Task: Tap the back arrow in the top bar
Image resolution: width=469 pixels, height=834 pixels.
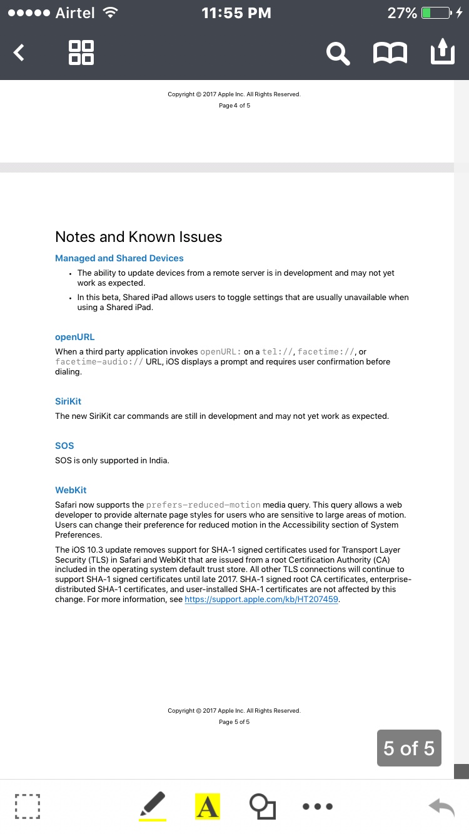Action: tap(19, 53)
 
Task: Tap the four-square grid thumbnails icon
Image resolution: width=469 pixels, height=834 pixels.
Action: tap(81, 53)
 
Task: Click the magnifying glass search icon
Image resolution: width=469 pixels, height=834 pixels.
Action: tap(338, 53)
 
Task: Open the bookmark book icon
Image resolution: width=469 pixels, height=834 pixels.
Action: tap(390, 53)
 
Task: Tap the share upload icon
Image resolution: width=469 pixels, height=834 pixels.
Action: tap(442, 52)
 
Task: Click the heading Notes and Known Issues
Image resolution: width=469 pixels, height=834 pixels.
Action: tap(138, 237)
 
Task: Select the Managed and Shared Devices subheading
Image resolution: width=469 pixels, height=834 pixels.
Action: tap(119, 258)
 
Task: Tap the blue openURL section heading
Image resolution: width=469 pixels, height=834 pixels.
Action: tap(74, 337)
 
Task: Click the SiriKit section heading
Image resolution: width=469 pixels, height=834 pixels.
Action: tap(68, 401)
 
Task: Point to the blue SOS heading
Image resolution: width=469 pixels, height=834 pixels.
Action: tap(64, 446)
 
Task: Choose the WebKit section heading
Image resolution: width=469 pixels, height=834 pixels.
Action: tap(71, 490)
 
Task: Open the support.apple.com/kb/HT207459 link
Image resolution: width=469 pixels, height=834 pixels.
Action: tap(261, 600)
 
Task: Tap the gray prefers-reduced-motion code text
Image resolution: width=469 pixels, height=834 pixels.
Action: tap(203, 505)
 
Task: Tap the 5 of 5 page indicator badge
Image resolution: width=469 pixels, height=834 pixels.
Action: tap(409, 748)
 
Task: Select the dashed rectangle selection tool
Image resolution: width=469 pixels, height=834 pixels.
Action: tap(28, 806)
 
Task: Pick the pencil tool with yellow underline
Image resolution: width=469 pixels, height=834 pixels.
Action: tap(153, 805)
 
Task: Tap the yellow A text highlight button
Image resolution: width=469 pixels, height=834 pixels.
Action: tap(208, 806)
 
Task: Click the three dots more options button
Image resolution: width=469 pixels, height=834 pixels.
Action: tap(318, 806)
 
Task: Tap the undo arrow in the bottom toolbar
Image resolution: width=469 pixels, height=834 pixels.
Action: tap(441, 806)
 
